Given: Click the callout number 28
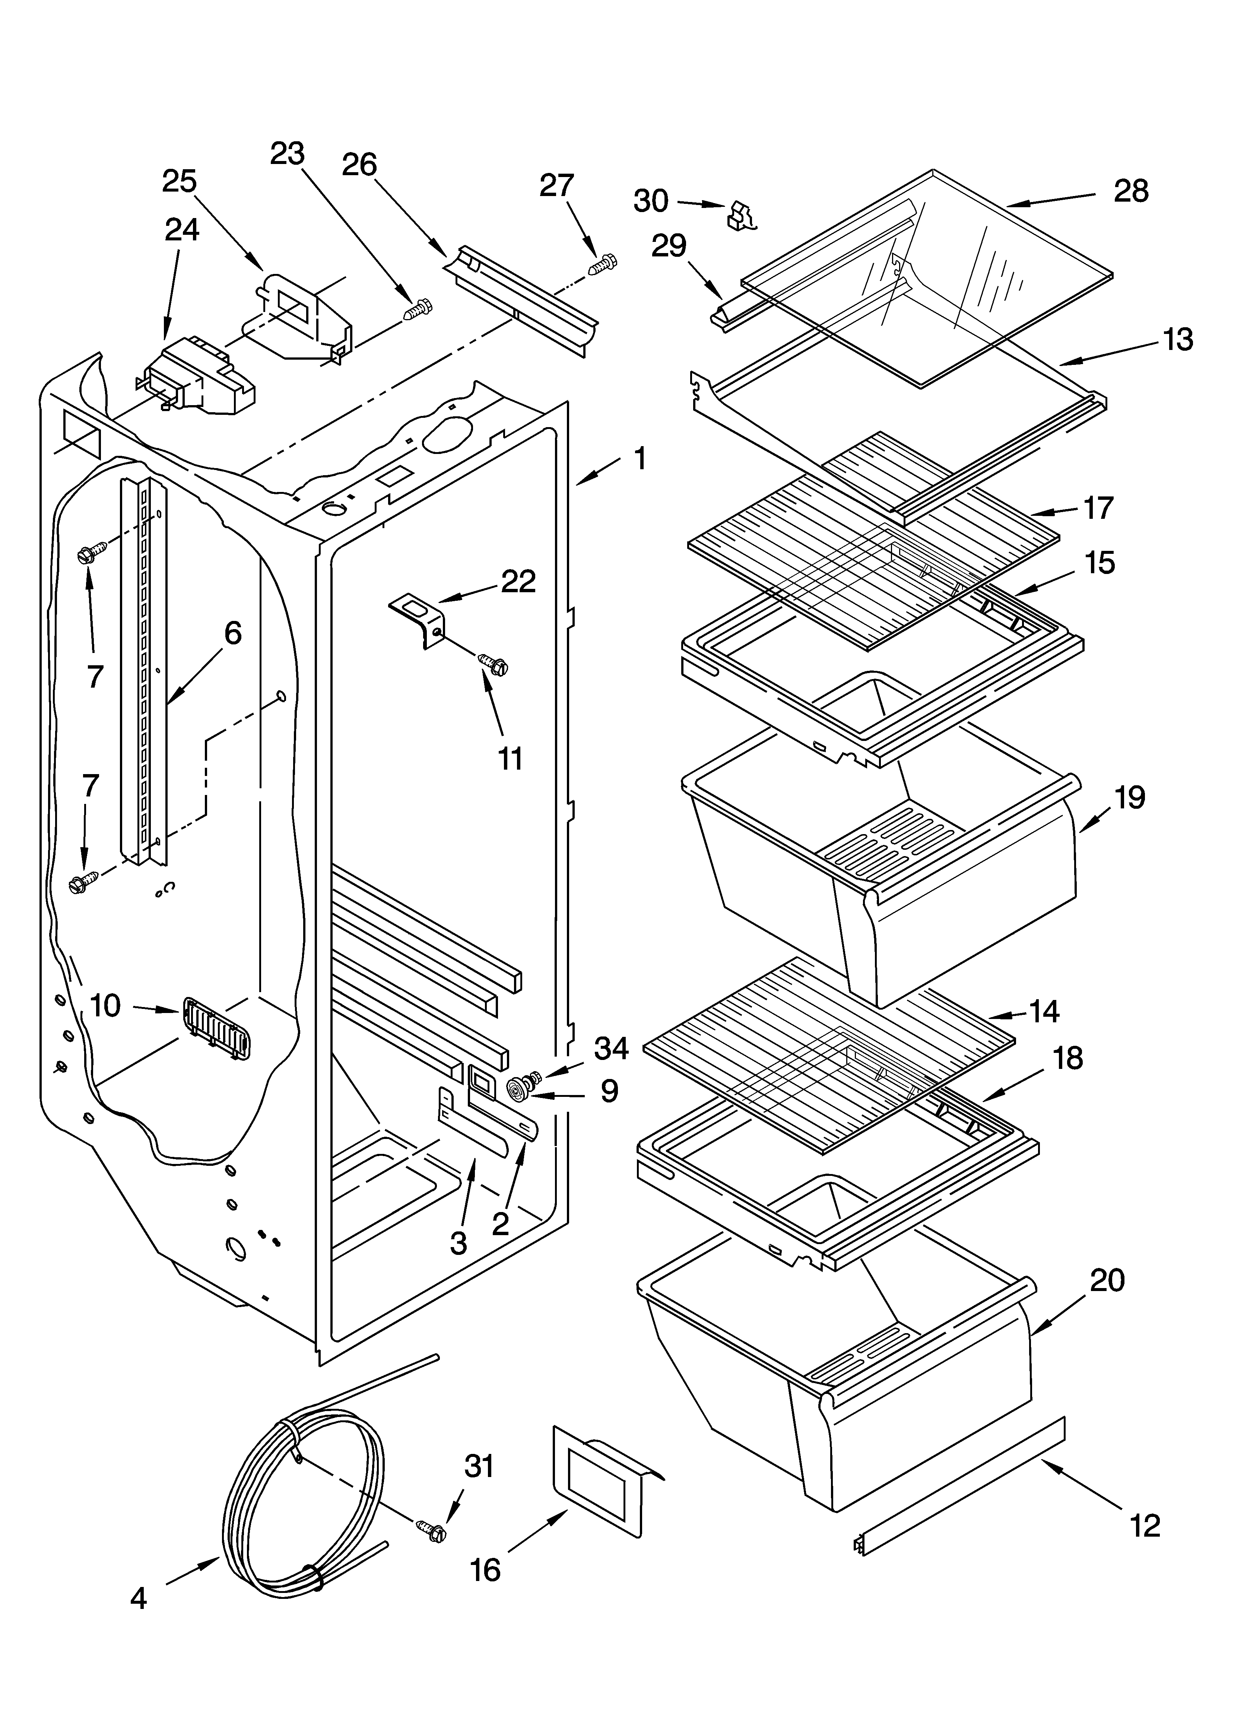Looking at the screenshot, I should (x=1131, y=192).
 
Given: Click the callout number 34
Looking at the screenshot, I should (x=611, y=1048).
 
